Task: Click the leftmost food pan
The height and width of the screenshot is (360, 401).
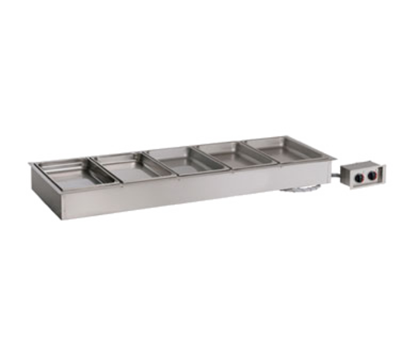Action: point(68,172)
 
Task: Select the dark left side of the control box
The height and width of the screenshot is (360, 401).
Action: point(342,177)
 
